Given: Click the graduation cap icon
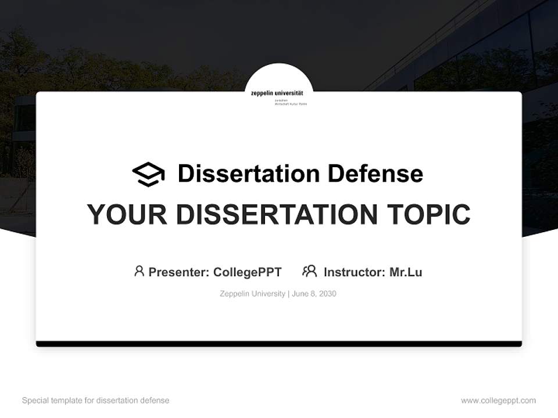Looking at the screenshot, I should click(x=148, y=174).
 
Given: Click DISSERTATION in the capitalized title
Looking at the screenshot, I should click(x=276, y=214).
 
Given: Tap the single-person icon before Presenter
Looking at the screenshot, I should click(x=139, y=271).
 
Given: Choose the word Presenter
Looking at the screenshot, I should click(x=178, y=272).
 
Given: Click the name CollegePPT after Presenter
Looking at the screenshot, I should click(x=248, y=272).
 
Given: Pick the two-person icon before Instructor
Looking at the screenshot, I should click(x=310, y=271).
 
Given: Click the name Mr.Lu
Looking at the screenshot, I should click(x=406, y=272).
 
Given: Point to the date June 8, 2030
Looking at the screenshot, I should click(x=314, y=294).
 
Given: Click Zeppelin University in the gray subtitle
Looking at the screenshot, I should click(x=252, y=294).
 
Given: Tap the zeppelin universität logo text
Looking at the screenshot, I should click(x=279, y=93).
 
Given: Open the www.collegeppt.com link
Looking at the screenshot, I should click(x=498, y=401).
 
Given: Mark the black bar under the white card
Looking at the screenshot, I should click(x=279, y=344).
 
